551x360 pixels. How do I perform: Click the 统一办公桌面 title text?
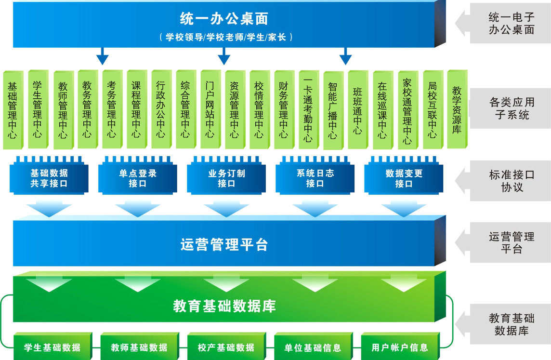224,19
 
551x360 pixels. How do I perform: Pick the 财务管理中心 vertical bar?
284,110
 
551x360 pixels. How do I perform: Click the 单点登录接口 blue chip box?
138,178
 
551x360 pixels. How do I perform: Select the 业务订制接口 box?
226,178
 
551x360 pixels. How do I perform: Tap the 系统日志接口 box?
315,178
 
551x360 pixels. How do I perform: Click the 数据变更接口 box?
404,178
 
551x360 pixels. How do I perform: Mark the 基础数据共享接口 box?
49,178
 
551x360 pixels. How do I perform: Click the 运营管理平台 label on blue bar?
224,245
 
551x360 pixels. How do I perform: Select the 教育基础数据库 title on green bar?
224,306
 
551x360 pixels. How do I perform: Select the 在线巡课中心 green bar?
382,110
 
